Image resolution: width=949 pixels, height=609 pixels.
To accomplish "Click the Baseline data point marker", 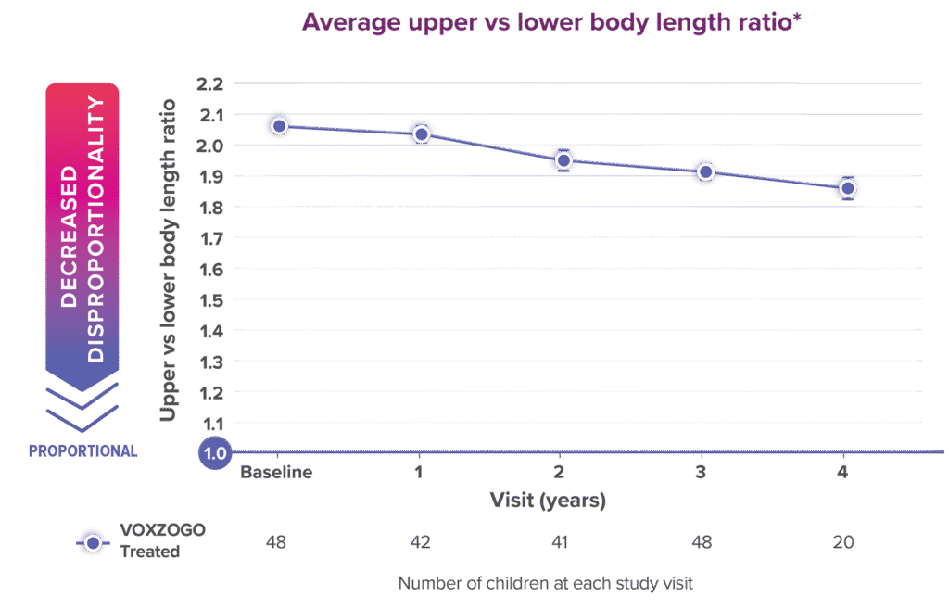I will [x=278, y=125].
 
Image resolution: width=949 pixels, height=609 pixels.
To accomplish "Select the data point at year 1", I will [x=421, y=133].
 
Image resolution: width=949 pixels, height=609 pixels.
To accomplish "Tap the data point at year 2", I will [x=562, y=160].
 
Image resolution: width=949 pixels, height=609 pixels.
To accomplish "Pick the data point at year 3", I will [x=705, y=171].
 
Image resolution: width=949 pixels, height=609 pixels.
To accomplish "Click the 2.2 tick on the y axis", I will [x=210, y=84].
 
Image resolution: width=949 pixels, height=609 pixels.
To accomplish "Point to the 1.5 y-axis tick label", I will [x=210, y=300].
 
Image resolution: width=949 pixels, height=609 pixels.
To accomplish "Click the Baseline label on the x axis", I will [x=276, y=473].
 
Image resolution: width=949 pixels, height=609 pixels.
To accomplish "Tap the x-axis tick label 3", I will [x=702, y=473].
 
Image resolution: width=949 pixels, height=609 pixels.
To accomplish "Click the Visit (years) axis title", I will [x=548, y=501].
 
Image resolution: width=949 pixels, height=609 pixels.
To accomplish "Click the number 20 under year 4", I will [x=842, y=542].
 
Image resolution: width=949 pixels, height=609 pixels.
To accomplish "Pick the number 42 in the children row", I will [x=420, y=542].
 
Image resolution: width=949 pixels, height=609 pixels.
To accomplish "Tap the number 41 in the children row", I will [x=561, y=542].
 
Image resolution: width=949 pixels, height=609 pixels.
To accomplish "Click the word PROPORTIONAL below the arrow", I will [x=83, y=451].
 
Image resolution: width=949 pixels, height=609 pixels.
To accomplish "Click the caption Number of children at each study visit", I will [x=545, y=584].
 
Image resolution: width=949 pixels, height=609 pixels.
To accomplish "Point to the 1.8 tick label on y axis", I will [x=210, y=208].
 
